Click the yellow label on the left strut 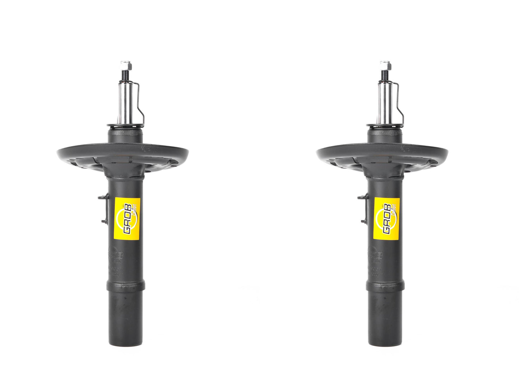[x=127, y=219]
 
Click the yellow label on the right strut [x=386, y=219]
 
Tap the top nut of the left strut [x=125, y=66]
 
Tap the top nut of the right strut [x=385, y=66]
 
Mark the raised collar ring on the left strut [x=126, y=286]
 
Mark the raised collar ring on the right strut [x=385, y=286]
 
